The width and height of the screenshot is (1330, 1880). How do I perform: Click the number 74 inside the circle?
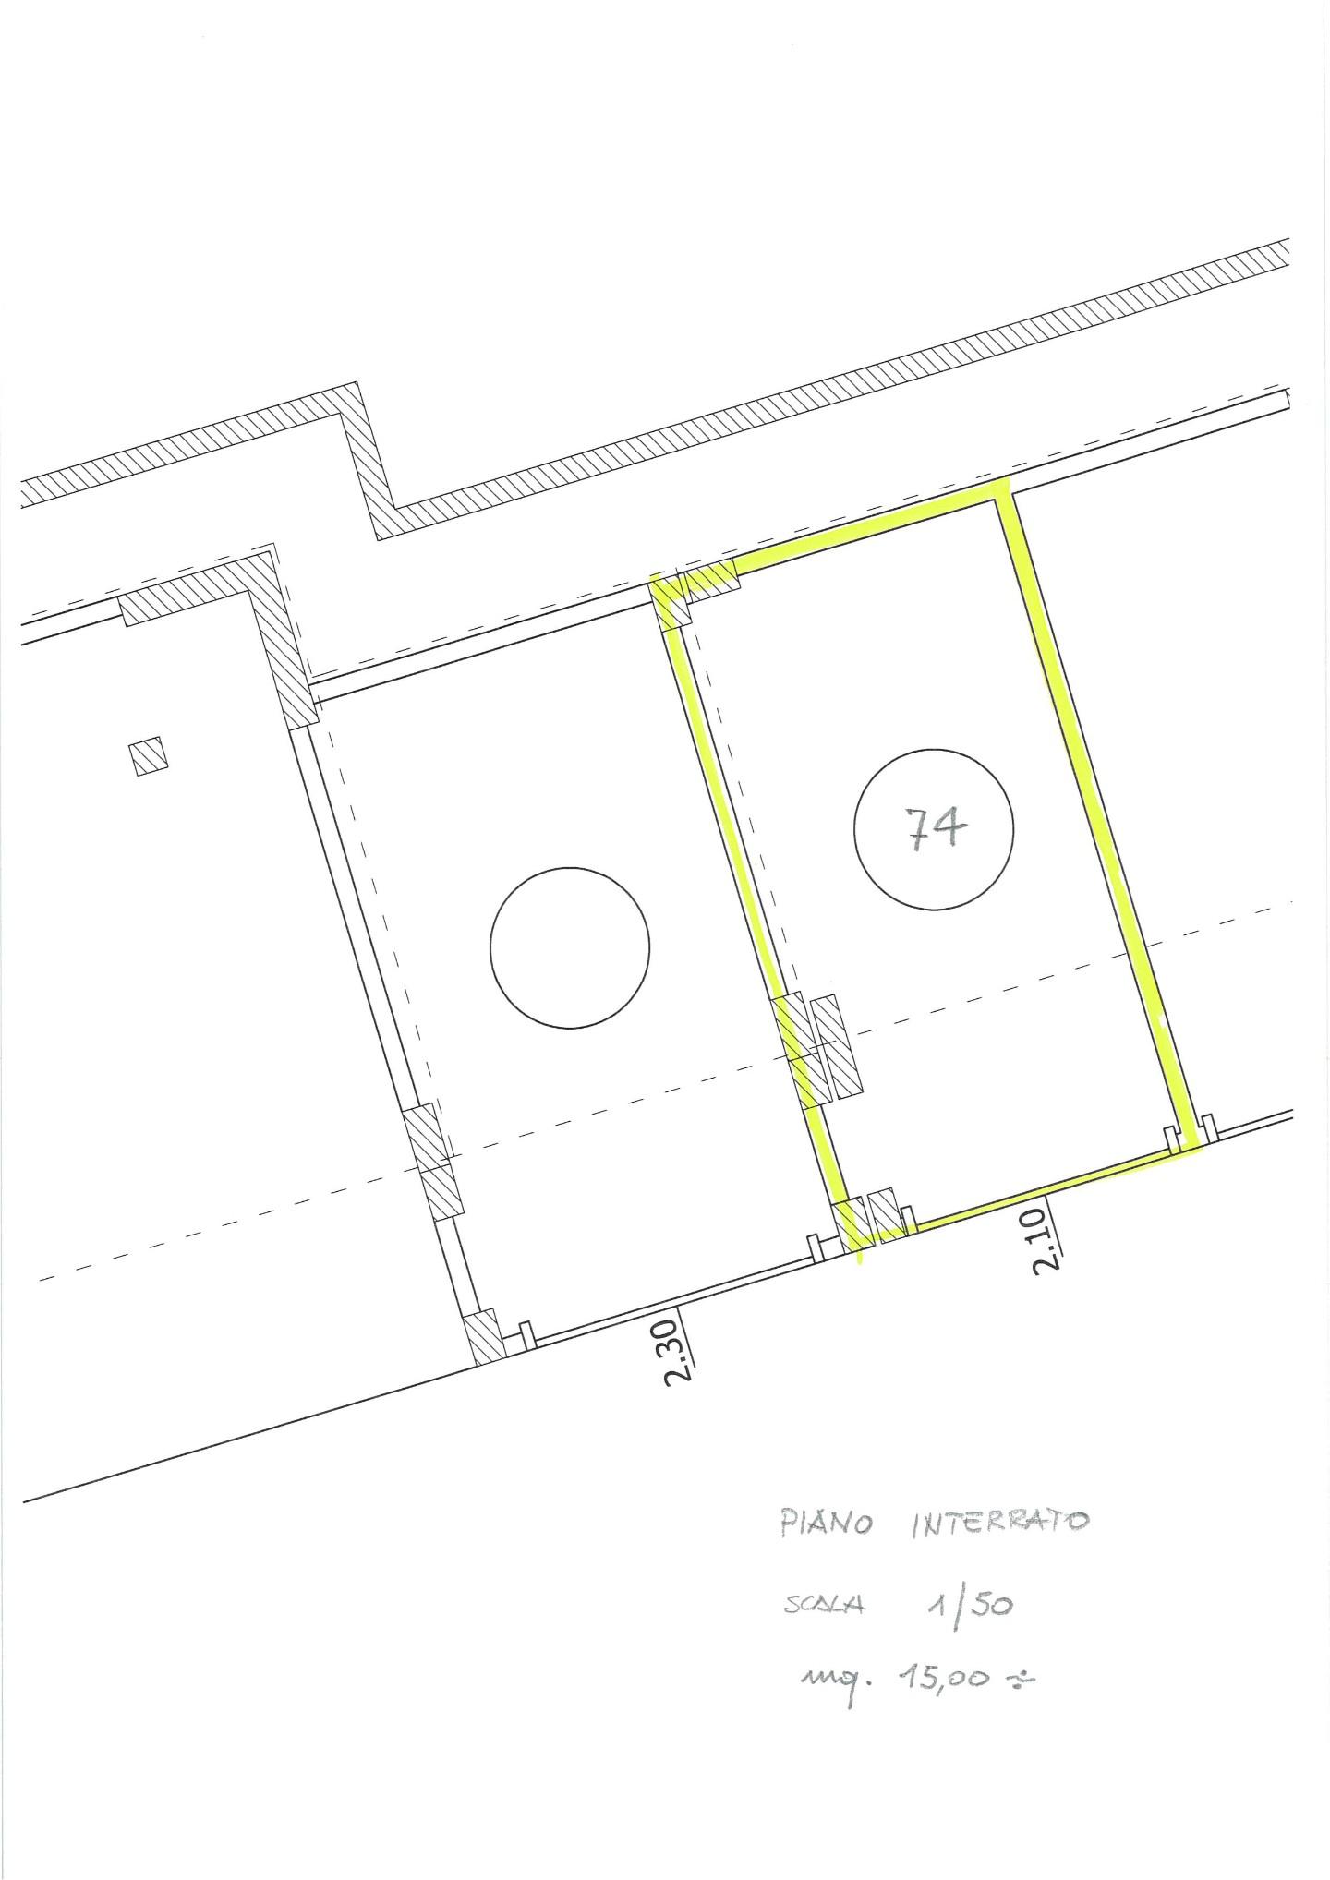click(934, 828)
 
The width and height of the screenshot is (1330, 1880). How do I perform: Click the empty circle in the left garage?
click(569, 947)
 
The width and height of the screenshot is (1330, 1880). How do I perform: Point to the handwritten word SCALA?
click(824, 1606)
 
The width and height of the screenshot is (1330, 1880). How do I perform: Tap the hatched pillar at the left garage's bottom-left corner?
click(485, 1336)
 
